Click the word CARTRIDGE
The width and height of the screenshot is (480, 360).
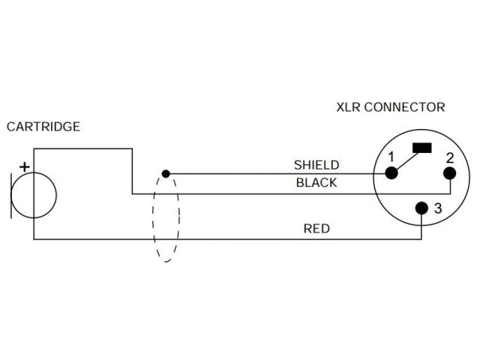point(43,127)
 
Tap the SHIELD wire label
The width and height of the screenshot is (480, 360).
point(316,165)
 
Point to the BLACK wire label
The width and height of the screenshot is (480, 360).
point(316,182)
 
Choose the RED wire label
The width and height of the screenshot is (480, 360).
point(316,229)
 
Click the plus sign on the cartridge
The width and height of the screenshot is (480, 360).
point(24,166)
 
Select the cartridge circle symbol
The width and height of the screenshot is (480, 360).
point(34,195)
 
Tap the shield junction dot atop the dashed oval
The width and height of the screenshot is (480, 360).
point(166,173)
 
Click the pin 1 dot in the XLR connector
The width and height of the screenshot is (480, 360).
point(391,173)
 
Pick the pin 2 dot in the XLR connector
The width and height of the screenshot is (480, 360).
point(449,174)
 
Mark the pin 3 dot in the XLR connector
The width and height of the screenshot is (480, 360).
point(423,208)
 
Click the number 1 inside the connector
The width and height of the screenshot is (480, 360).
point(391,157)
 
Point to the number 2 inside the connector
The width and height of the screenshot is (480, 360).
point(448,157)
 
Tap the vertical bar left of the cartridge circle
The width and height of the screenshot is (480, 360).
point(11,195)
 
